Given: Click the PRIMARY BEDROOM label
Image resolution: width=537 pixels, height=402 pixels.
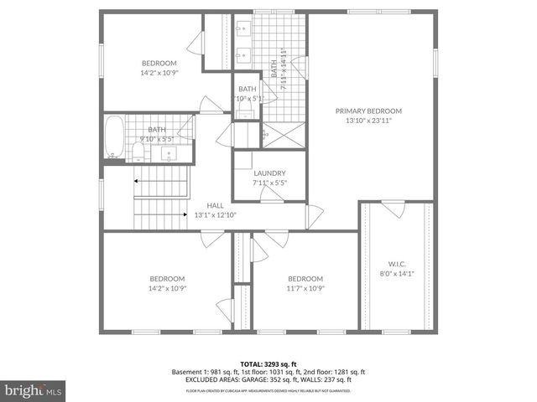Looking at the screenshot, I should [x=368, y=111].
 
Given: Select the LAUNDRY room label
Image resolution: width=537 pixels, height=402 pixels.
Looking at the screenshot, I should [x=269, y=173].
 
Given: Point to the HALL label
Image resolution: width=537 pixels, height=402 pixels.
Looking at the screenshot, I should [x=216, y=205].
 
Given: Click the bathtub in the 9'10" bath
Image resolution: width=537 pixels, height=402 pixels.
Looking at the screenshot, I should [x=115, y=138].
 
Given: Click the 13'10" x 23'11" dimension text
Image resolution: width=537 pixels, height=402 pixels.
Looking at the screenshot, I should [x=368, y=121].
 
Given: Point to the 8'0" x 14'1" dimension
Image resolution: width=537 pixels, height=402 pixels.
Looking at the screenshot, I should [x=398, y=272].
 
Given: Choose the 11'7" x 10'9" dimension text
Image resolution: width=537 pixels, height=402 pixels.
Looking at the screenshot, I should [x=305, y=289].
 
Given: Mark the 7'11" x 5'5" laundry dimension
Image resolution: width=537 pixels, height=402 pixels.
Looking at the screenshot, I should [x=269, y=183].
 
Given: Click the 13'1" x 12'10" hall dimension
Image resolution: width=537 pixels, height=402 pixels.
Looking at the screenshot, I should [x=216, y=215].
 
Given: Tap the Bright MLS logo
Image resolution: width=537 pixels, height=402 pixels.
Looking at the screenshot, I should [x=33, y=389].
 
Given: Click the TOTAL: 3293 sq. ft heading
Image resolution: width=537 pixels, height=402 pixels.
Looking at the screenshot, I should [x=268, y=363].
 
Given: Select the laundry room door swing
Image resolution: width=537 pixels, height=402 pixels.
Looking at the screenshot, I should [x=272, y=194].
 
